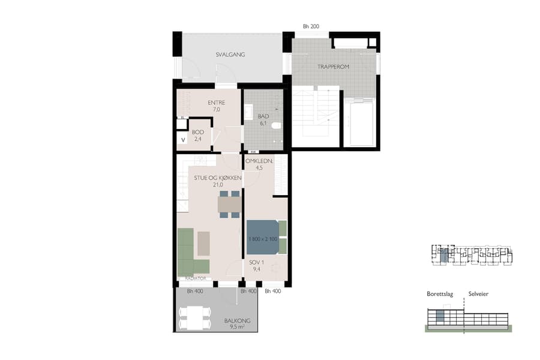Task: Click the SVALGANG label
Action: click(x=230, y=55)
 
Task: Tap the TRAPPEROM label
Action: click(x=334, y=67)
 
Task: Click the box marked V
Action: click(x=182, y=140)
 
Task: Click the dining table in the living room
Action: click(x=229, y=205)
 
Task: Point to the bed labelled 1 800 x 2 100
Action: click(x=262, y=239)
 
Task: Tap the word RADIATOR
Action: click(x=196, y=279)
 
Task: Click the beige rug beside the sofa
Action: click(x=204, y=243)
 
